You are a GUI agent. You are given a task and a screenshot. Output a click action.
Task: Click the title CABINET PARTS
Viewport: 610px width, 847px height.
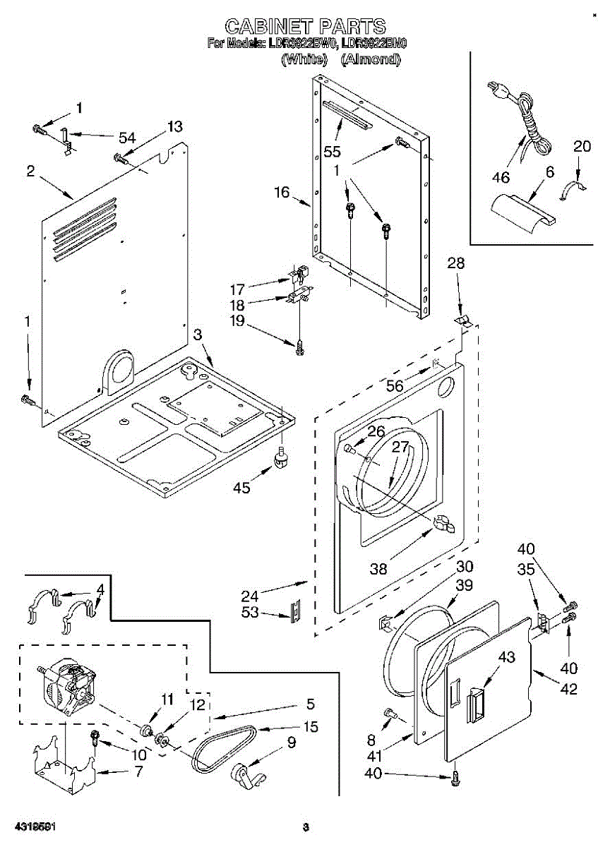[x=305, y=27]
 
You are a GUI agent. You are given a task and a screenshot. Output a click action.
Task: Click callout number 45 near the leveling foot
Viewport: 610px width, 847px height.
[x=242, y=488]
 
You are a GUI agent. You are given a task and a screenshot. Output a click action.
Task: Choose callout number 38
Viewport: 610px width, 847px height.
[x=379, y=568]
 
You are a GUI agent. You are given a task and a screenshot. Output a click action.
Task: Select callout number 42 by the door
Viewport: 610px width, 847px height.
[x=568, y=689]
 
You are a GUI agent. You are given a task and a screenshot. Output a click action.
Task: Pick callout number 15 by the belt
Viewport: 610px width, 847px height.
[x=311, y=726]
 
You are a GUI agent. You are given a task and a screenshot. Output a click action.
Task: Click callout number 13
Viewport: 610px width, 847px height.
[x=174, y=126]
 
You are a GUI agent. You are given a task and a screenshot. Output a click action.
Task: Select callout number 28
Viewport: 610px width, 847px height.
[x=456, y=263]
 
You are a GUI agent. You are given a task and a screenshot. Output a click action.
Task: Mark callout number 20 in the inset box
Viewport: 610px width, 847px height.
[x=582, y=146]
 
